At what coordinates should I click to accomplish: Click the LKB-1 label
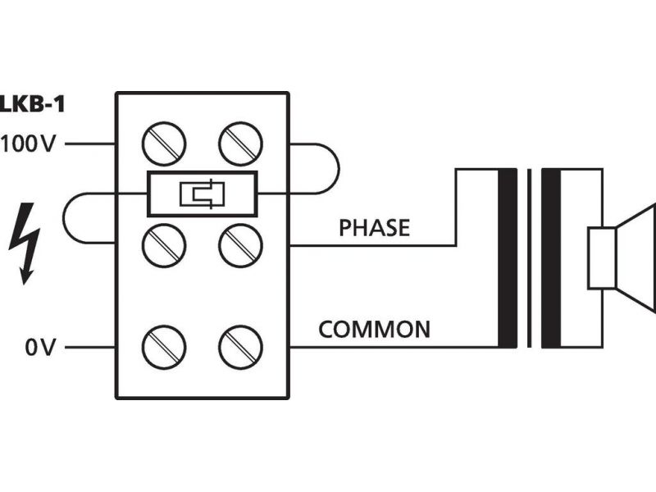31,104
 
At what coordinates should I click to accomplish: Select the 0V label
39,348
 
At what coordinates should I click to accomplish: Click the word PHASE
374,228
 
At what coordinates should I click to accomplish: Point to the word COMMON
374,330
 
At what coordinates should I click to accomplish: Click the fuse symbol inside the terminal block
202,194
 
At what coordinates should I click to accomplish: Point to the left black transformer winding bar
508,257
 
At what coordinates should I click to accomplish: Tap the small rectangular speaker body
601,258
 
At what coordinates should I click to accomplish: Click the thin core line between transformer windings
530,257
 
